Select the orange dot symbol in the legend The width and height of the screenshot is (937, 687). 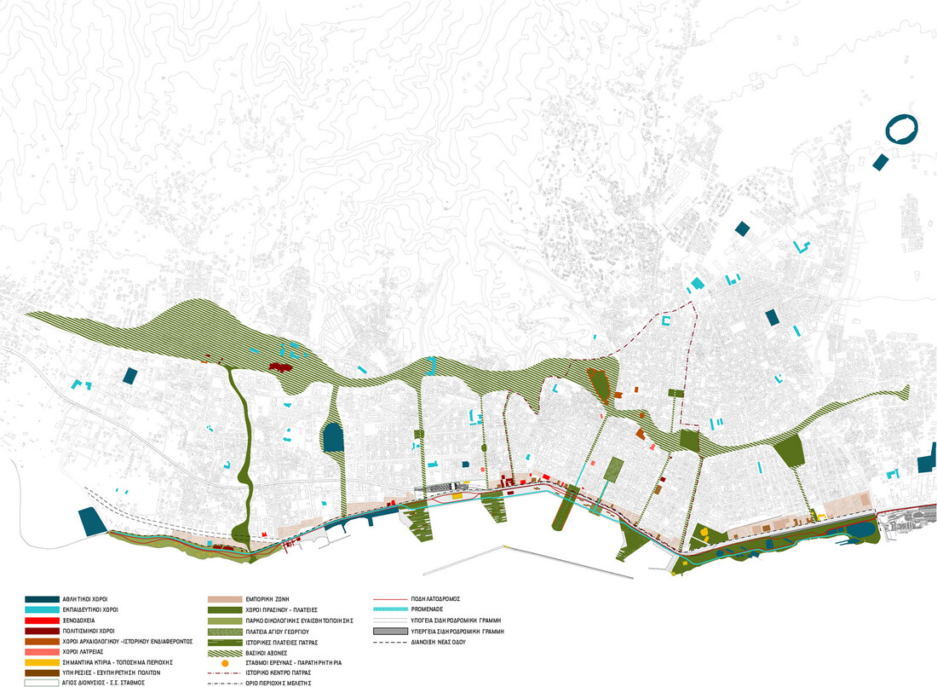point(226,662)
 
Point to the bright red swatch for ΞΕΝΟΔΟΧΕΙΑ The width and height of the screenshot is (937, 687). point(43,621)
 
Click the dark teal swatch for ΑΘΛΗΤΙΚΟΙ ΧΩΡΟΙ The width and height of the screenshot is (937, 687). point(43,599)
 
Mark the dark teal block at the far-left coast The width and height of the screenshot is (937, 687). point(91,521)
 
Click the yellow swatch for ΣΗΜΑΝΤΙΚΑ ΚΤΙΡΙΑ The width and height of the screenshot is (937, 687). point(43,662)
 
